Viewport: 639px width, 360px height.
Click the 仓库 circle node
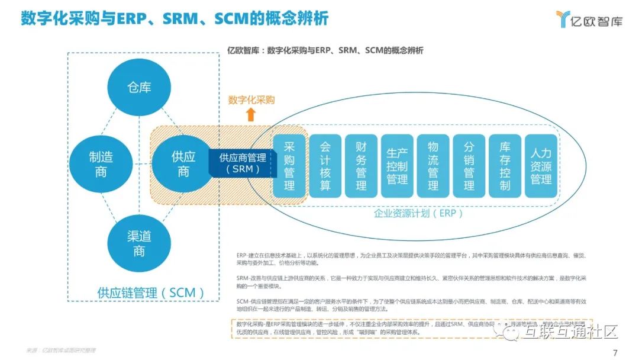pyautogui.click(x=139, y=88)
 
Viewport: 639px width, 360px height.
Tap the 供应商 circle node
pyautogui.click(x=183, y=164)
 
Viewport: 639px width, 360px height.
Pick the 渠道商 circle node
pyautogui.click(x=139, y=243)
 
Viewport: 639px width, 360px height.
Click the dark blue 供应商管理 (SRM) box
pyautogui.click(x=242, y=163)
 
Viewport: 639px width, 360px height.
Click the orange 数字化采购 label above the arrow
pyautogui.click(x=251, y=100)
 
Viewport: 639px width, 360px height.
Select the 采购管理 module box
pyautogui.click(x=289, y=166)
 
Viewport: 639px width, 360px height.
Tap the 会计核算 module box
pyautogui.click(x=325, y=166)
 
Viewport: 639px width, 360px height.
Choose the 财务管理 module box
pyautogui.click(x=361, y=166)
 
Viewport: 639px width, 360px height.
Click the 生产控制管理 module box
pyautogui.click(x=396, y=166)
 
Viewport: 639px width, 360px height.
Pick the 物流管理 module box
pyautogui.click(x=433, y=166)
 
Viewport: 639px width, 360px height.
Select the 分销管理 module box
pyautogui.click(x=469, y=166)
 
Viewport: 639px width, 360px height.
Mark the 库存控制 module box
pyautogui.click(x=505, y=166)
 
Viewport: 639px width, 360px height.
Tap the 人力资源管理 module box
pyautogui.click(x=541, y=166)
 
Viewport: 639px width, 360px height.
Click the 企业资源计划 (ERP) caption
pyautogui.click(x=418, y=213)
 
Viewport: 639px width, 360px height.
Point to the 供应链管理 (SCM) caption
pyautogui.click(x=151, y=292)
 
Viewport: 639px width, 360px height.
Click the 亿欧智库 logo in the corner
pyautogui.click(x=589, y=20)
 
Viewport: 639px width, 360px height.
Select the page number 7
pyautogui.click(x=615, y=352)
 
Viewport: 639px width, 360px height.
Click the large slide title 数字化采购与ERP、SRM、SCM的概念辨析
pyautogui.click(x=175, y=18)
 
